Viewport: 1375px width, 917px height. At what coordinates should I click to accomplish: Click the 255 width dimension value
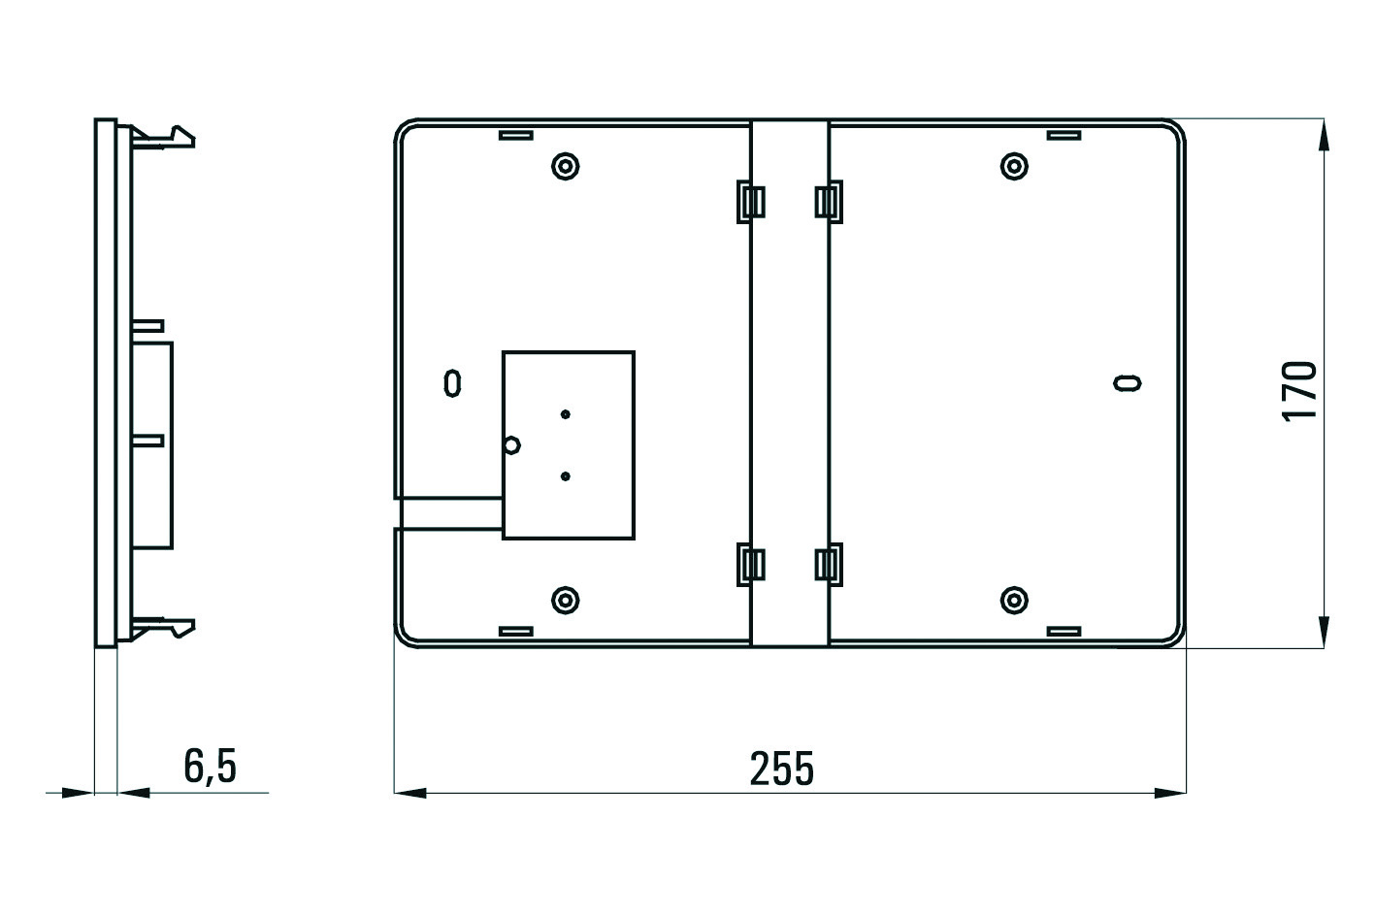point(781,769)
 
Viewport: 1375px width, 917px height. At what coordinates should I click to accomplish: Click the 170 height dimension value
point(1299,392)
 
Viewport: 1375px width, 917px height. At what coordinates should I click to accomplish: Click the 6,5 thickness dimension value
point(210,767)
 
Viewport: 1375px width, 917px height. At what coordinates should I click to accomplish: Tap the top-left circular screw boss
point(566,166)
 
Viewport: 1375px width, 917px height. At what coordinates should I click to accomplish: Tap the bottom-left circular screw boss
point(566,600)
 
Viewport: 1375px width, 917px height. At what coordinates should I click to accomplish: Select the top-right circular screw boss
point(1014,166)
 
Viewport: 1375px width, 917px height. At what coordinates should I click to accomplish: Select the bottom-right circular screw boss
point(1014,600)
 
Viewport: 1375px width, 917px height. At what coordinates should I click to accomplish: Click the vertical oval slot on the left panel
point(452,383)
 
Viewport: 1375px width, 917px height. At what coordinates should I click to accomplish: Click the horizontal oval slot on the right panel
point(1128,383)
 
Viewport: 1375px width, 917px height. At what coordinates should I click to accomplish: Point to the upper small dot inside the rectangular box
point(566,414)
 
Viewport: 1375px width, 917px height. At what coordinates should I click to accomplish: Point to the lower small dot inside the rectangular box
point(566,476)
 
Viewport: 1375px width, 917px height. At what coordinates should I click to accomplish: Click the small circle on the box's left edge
point(512,445)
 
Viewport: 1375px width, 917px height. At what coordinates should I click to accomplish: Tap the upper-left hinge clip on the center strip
point(751,202)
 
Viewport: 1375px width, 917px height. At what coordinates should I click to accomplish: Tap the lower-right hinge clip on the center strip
point(829,565)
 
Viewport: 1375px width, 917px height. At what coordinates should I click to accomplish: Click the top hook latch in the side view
point(163,138)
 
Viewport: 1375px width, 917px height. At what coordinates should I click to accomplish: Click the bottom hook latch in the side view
point(163,628)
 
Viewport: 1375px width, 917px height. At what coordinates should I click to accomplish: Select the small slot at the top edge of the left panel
point(515,136)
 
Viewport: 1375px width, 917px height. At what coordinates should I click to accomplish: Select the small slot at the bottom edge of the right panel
point(1064,631)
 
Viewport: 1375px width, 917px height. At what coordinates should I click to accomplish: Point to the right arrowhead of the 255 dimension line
point(1170,793)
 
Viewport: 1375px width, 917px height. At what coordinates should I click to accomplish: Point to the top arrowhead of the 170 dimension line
point(1324,135)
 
